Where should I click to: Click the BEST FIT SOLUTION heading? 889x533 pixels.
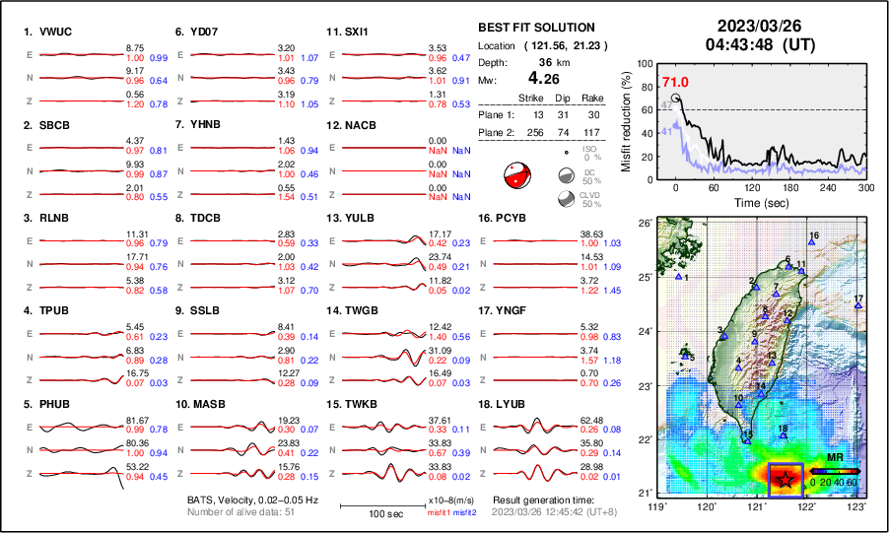535,28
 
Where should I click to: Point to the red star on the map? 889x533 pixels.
786,479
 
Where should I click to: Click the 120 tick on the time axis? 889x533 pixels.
753,187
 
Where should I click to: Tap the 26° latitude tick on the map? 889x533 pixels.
643,224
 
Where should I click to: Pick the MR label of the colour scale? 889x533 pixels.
834,459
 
